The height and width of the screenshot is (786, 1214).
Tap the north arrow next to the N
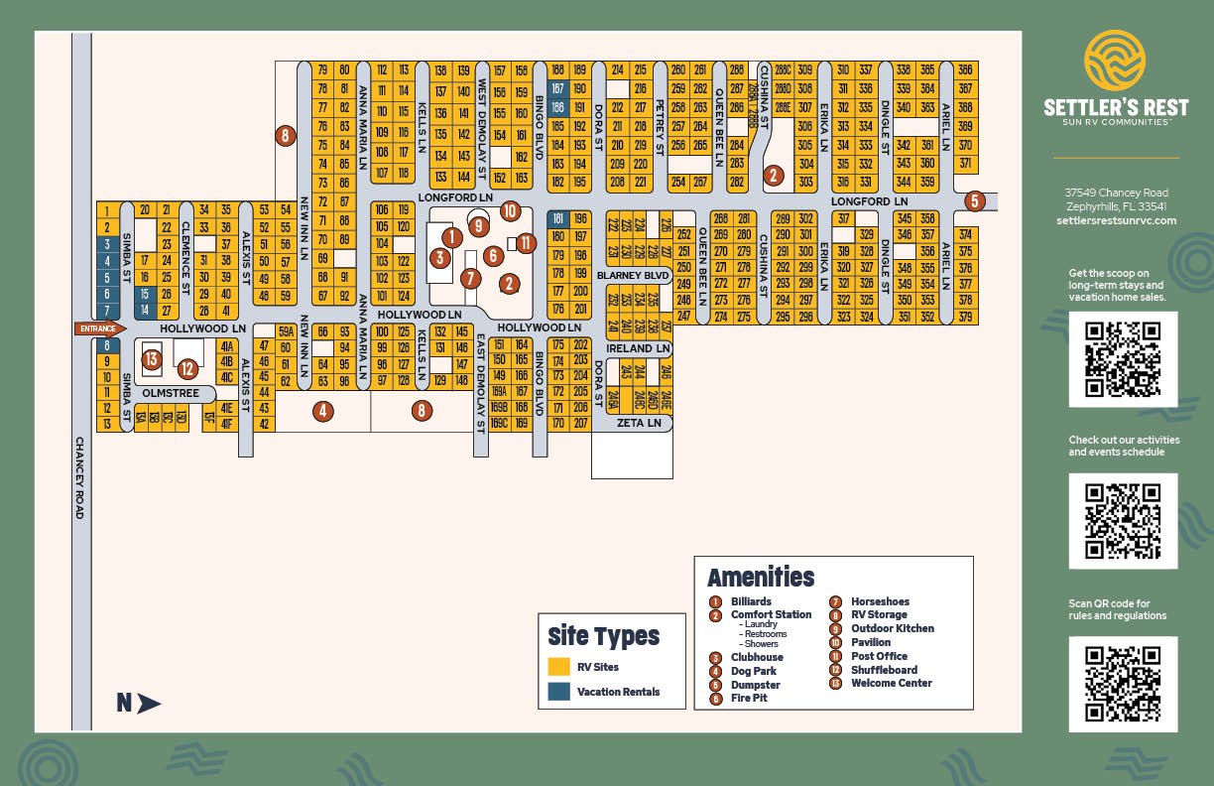[149, 704]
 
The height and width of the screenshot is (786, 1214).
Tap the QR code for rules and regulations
[1123, 686]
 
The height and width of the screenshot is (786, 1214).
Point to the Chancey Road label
[79, 478]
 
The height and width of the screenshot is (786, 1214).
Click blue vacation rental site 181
[557, 219]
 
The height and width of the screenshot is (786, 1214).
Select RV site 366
[965, 70]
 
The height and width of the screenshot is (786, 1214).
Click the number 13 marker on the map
[151, 359]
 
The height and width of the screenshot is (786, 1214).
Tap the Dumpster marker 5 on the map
[974, 201]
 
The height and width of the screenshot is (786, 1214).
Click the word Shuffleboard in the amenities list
[884, 670]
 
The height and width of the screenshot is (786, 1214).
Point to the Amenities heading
[761, 578]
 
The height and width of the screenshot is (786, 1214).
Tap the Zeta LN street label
[638, 424]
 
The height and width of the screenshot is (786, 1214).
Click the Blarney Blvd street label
[633, 275]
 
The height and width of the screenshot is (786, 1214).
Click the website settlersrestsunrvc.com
[1116, 220]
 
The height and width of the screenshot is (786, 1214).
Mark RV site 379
[965, 318]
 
